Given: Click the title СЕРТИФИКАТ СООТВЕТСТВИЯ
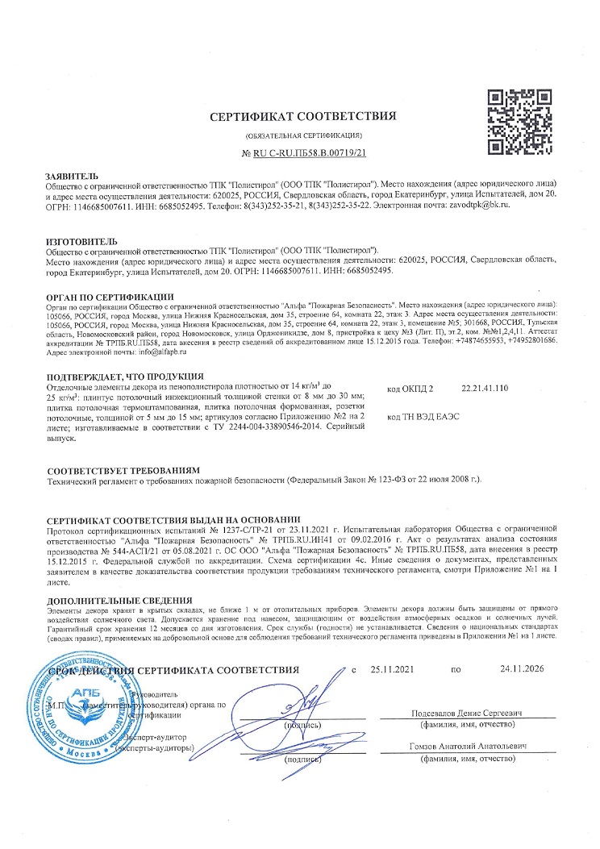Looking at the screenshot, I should [302, 116].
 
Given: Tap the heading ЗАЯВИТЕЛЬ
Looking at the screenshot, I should [72, 175].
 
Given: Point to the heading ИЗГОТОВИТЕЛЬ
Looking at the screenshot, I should [82, 241].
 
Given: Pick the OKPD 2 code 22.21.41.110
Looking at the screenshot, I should [485, 389].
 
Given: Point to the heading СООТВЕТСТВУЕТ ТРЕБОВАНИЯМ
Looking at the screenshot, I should [112, 470].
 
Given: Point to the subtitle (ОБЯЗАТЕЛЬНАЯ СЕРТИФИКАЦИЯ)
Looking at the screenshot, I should [303, 135].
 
